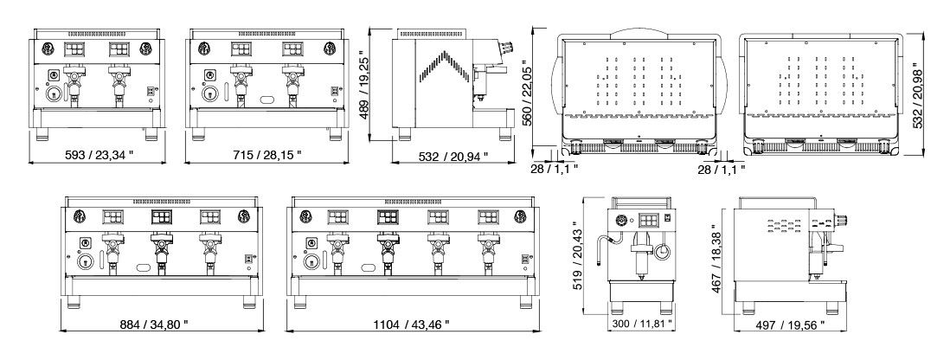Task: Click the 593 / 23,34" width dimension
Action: pos(99,155)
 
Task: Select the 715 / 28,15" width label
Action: pos(267,155)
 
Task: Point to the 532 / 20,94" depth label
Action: pos(453,157)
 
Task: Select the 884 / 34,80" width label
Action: pos(153,325)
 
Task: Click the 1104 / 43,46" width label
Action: pos(411,325)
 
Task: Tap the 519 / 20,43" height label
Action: pos(577,260)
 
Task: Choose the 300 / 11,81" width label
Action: pos(643,325)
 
